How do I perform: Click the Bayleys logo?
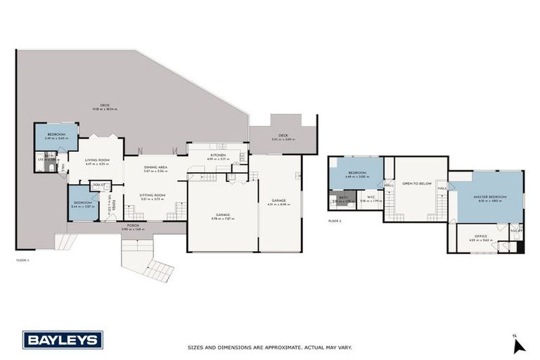[63, 340]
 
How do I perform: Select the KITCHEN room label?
[217, 154]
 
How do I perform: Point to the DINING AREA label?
[155, 167]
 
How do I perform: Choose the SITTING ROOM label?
[153, 195]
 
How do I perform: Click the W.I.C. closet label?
[371, 198]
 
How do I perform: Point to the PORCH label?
[132, 225]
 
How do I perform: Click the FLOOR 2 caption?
[335, 221]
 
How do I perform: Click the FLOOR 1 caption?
[23, 260]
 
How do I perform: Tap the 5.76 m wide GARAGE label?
[223, 215]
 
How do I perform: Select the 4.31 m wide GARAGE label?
[279, 200]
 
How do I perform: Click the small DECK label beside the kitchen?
[283, 136]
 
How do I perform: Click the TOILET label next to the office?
[515, 231]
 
